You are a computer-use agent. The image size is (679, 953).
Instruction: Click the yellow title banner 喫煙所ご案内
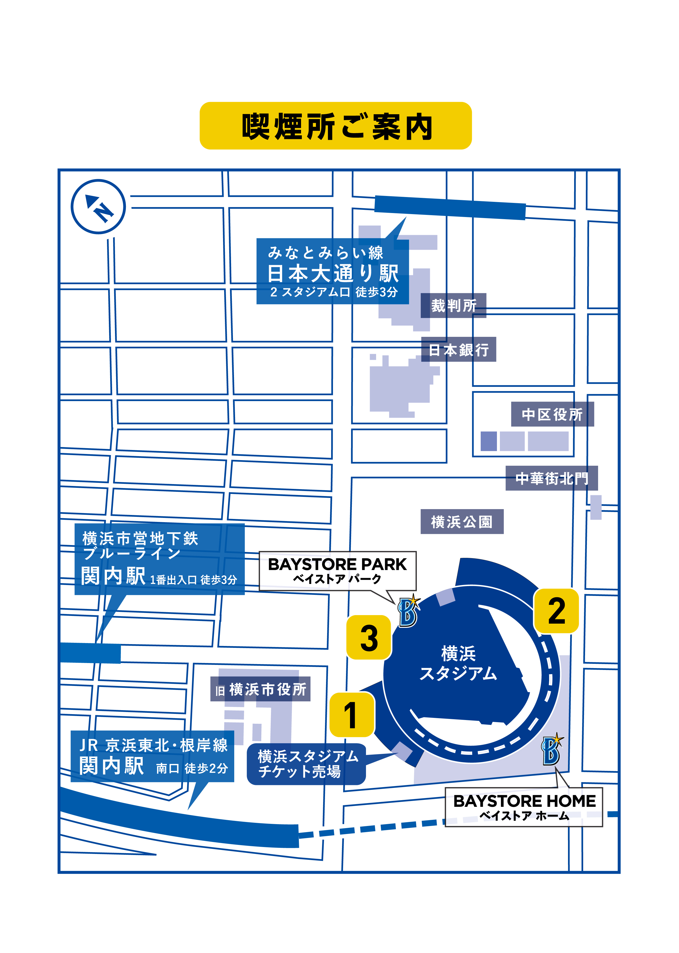click(x=335, y=126)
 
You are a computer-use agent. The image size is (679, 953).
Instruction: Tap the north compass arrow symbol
click(x=98, y=207)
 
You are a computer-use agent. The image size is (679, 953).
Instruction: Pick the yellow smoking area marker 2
click(x=556, y=611)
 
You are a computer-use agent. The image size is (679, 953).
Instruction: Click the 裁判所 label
click(x=453, y=306)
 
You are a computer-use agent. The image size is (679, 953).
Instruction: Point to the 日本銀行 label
click(x=458, y=350)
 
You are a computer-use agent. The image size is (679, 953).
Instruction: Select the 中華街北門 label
click(x=552, y=478)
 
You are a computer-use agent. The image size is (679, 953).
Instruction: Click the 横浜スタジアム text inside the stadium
click(x=458, y=664)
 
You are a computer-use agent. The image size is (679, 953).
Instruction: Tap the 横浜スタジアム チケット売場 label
click(x=306, y=764)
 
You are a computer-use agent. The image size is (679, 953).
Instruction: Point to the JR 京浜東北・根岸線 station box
click(x=153, y=756)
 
